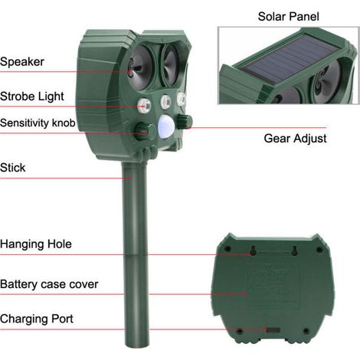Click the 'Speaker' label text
[22, 62]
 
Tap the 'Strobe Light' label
[32, 97]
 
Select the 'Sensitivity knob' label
[38, 123]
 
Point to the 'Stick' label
[13, 168]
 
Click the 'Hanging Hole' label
[36, 244]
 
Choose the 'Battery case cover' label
[49, 284]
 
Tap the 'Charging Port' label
[37, 319]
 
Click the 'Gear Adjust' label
[295, 139]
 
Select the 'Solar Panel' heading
[289, 17]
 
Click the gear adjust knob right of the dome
[185, 122]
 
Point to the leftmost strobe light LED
[144, 106]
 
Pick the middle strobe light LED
[165, 102]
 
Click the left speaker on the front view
[139, 67]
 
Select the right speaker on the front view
[169, 64]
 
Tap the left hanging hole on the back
[254, 250]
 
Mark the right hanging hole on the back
[295, 250]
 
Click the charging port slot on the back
[273, 330]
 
